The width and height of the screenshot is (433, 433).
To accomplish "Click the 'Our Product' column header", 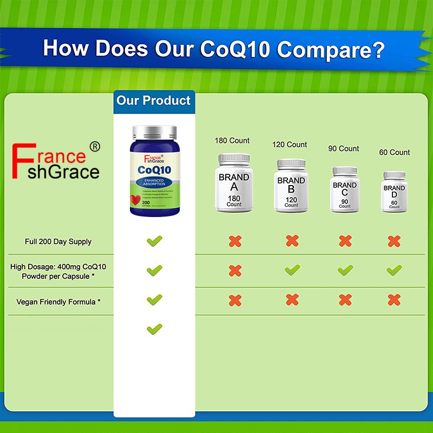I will coord(154,101).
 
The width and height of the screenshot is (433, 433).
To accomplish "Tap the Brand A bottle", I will coord(234,183).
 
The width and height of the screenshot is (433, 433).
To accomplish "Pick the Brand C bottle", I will coord(345,190).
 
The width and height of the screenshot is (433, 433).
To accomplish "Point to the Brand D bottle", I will coord(394,192).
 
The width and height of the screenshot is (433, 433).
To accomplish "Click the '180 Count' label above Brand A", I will coord(232,141).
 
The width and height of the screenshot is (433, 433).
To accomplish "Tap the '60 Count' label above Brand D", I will coord(395,153).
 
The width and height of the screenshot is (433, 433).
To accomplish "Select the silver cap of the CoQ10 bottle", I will coord(154,132).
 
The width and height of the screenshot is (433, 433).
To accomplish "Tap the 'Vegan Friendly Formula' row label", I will coord(58,301).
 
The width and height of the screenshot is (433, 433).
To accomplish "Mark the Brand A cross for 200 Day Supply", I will coord(235,241).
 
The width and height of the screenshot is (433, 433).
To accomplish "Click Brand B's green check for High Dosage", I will coord(292,270).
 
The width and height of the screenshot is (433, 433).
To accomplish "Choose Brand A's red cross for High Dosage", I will coord(235,270).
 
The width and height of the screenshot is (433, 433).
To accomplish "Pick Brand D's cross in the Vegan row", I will coord(394,299).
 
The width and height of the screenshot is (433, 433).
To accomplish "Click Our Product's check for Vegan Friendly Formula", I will coord(154,299).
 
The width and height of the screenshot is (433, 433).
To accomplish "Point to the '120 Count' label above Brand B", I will coord(289,145).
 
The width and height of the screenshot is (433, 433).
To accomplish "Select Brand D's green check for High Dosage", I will coord(394,270).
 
